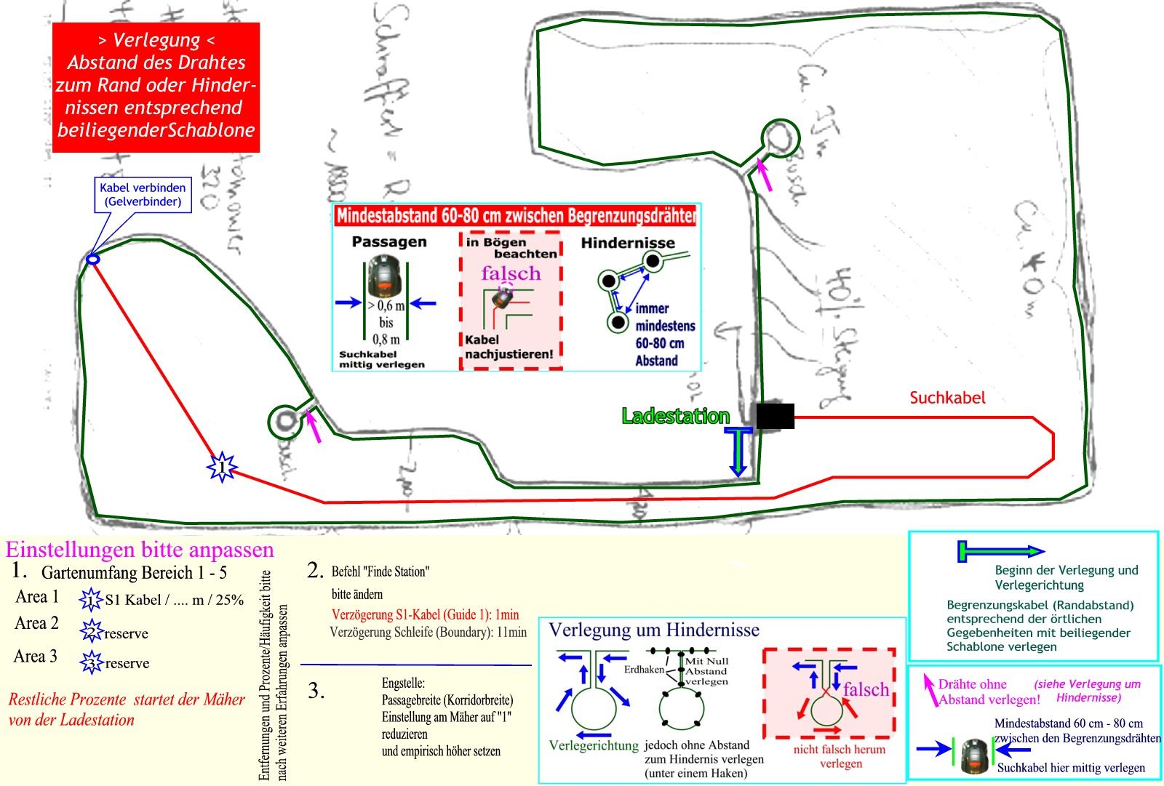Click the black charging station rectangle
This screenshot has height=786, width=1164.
point(775,416)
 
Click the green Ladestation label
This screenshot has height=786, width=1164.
point(675,416)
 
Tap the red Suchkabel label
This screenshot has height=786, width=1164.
point(947,398)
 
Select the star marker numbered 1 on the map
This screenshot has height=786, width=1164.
point(222,466)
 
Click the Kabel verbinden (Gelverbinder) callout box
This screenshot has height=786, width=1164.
point(143,195)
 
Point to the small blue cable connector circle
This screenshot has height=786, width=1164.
point(92,259)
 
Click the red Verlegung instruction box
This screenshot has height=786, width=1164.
point(156,87)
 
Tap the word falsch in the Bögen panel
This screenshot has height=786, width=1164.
point(511,273)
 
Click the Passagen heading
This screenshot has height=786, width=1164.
point(389,241)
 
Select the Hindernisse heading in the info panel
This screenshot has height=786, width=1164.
point(628,243)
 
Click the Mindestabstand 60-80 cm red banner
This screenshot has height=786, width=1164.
point(515,215)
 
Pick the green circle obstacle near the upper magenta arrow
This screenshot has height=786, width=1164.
point(780,137)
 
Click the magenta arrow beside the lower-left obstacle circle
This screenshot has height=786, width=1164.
point(314,426)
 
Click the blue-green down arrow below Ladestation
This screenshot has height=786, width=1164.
point(738,452)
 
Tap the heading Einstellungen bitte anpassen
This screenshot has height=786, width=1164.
point(140,549)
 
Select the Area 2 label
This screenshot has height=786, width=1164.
point(36,623)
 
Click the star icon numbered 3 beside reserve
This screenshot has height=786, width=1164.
point(91,662)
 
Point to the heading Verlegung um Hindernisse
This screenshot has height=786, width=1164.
point(653,630)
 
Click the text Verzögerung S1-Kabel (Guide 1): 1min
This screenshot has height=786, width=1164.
point(425,614)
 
